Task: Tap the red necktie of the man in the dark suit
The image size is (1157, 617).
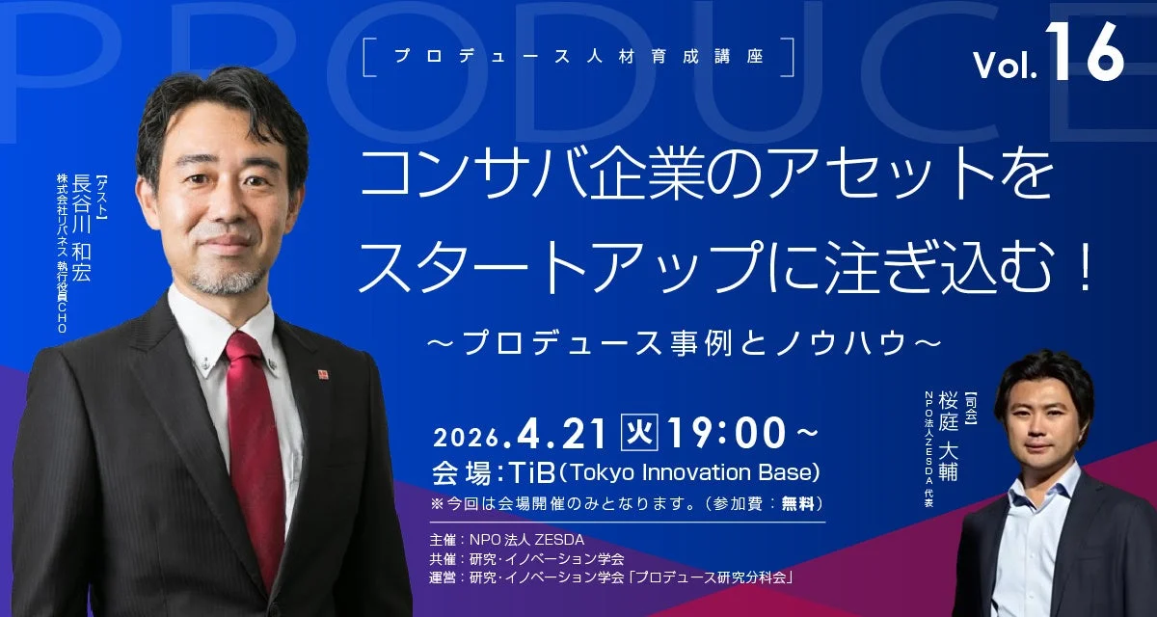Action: pos(253,434)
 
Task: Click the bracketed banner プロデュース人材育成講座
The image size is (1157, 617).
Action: pos(578,56)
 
